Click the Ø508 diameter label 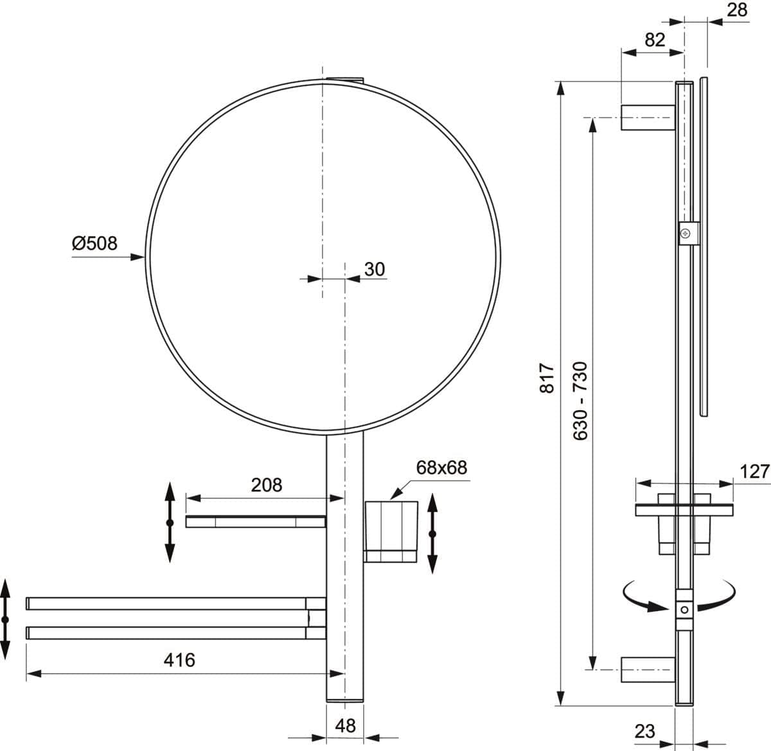(94, 244)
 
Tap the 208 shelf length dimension (266, 485)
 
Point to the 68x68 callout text (441, 467)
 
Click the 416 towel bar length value (179, 659)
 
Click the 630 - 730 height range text (580, 400)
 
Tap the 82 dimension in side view (654, 40)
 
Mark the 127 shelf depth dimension (754, 472)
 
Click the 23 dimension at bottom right (644, 730)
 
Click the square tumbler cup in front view (391, 531)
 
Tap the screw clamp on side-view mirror (686, 232)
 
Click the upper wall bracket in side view (646, 117)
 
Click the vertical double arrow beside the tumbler (432, 533)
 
